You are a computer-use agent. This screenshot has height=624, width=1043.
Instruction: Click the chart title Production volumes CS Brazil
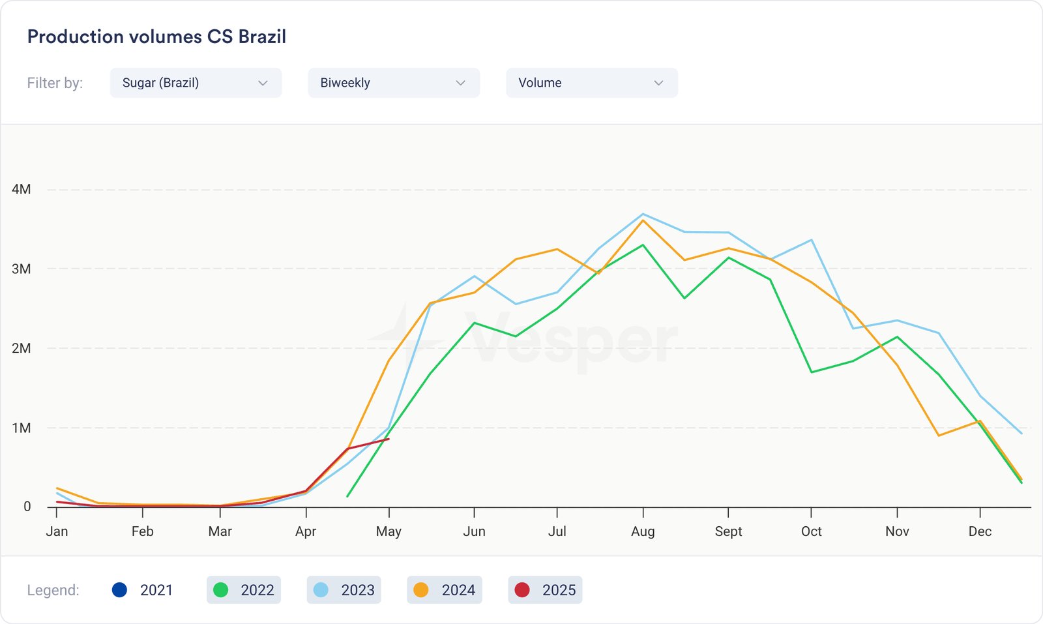156,37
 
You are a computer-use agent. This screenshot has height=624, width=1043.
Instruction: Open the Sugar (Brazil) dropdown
196,83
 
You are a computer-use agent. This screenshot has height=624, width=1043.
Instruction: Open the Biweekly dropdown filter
394,83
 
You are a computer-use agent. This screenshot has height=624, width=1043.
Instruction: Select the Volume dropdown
591,83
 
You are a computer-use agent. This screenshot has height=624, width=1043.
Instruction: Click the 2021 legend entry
142,590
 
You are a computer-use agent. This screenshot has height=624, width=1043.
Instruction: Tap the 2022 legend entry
244,590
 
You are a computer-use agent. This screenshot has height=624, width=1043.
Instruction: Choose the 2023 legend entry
344,590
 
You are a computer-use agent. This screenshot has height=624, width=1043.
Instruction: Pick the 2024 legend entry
445,590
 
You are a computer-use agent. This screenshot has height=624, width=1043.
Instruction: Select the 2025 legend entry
545,590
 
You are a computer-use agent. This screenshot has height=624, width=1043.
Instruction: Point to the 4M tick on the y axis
22,189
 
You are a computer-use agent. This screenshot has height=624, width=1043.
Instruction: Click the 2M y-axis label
22,348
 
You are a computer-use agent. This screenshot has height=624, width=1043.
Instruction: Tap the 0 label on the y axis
27,507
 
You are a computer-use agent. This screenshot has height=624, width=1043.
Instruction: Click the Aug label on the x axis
643,531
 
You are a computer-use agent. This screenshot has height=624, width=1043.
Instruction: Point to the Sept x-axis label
728,531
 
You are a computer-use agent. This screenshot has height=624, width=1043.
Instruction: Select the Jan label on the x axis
57,531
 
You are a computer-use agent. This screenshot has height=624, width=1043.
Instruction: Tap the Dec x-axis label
980,531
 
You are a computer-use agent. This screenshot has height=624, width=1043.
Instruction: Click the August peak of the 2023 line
643,214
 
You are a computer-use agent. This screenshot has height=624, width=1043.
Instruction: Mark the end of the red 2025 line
389,439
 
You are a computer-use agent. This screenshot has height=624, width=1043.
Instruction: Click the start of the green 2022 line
347,496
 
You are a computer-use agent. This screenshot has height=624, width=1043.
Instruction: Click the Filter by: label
55,83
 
